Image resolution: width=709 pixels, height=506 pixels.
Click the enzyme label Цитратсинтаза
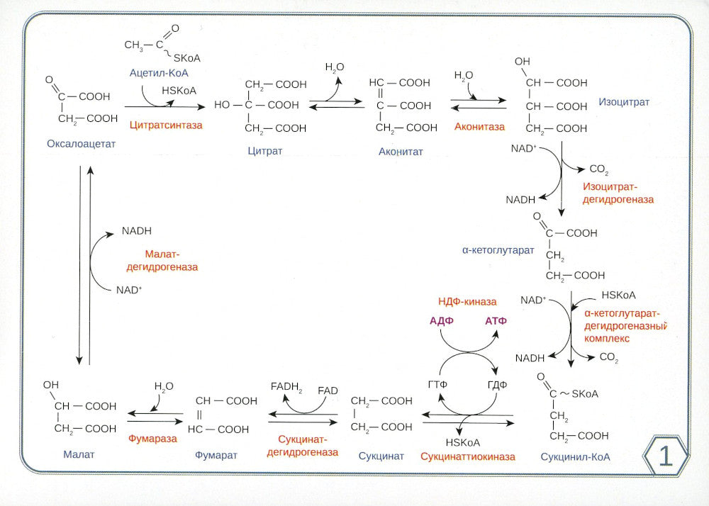(x=166, y=125)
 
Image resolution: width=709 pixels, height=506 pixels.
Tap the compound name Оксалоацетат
(x=81, y=144)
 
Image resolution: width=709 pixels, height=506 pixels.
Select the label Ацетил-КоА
(x=158, y=72)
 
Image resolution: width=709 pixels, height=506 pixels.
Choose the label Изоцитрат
(x=624, y=102)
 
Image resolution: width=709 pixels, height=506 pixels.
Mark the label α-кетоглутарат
(x=498, y=250)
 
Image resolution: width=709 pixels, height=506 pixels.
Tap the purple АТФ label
(x=497, y=320)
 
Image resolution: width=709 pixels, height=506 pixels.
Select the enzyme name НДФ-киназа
(x=467, y=301)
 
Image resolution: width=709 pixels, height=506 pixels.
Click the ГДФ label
(x=498, y=383)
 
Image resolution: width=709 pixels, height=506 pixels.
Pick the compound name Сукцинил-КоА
(x=575, y=457)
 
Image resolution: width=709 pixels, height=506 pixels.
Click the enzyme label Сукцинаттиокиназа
(x=467, y=456)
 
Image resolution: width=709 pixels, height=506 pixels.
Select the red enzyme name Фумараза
(x=152, y=439)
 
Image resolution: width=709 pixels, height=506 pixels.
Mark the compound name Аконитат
(x=401, y=151)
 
